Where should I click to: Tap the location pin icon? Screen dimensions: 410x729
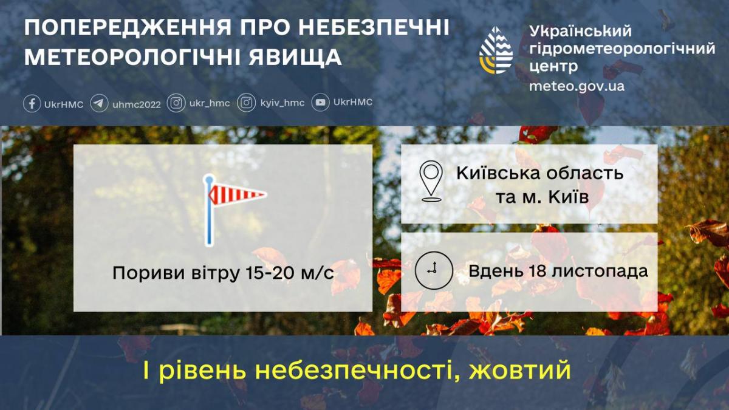coord(431,180)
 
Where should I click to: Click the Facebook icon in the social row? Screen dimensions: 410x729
coord(32,103)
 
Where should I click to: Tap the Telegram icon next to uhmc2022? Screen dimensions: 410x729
coord(100,103)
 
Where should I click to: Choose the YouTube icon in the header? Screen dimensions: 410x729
coord(321,103)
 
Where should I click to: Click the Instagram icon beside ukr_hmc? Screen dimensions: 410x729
coord(176,103)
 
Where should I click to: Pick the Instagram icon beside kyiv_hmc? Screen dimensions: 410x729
coord(246,103)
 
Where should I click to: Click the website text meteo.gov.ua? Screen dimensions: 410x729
coord(577,86)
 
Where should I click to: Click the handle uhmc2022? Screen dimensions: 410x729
coord(137,104)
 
